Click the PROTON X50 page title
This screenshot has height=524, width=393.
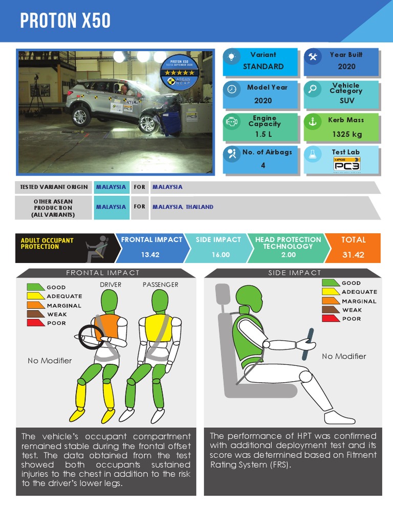65,21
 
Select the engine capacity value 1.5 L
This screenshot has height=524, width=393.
263,134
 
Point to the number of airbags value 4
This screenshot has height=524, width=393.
263,165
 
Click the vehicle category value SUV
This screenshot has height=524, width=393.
346,101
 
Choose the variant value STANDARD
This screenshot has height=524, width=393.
263,67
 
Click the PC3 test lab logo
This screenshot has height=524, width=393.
346,164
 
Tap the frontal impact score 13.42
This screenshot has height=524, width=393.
150,255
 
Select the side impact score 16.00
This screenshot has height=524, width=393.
220,255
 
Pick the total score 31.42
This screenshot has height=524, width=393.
353,255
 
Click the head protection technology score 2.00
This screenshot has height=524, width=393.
288,255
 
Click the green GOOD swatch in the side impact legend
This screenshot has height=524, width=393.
330,283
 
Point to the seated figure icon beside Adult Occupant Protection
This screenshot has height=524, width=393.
97,247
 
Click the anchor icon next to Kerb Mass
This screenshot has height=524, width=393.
312,121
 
